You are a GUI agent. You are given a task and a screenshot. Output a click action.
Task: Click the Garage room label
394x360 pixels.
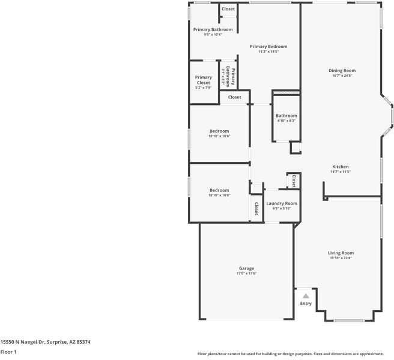pos(246,268)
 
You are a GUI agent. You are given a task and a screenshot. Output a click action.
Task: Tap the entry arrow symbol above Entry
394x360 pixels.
pos(306,296)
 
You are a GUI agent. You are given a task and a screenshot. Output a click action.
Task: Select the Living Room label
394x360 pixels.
pos(341,253)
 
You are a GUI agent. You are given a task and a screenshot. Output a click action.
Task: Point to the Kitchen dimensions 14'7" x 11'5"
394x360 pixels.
pos(340,172)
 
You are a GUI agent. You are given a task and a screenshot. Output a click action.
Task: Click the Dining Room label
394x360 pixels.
pos(342,71)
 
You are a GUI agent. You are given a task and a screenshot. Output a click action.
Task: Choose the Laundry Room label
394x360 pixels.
pos(282,203)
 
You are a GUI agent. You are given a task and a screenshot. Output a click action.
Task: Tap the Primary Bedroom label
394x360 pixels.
pos(268,46)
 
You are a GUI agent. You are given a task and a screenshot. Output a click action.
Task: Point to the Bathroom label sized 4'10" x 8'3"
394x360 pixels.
pos(286,116)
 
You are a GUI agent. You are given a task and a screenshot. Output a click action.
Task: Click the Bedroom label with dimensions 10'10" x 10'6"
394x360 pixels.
pos(219,131)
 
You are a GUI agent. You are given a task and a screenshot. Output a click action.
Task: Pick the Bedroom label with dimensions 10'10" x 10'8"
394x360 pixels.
pos(219,190)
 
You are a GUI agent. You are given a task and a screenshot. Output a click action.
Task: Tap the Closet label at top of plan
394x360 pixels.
pos(228,9)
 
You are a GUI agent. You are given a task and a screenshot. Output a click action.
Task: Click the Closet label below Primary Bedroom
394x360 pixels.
pos(234,97)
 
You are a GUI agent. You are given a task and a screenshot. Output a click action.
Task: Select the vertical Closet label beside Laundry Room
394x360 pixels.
pos(256,208)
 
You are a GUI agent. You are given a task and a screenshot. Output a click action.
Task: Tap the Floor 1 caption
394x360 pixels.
pos(8,352)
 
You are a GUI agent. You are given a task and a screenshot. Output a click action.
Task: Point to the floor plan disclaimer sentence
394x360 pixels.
pos(295,353)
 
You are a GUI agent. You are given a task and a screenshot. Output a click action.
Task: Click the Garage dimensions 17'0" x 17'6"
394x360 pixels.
pos(246,273)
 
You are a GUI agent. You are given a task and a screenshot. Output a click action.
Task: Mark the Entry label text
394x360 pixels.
pos(306,304)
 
